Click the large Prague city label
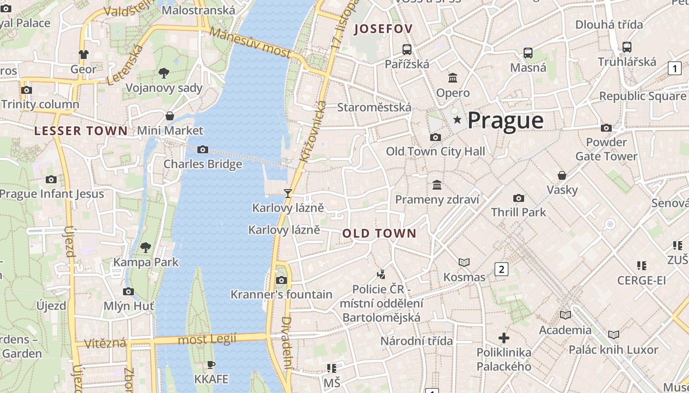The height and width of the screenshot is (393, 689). click(x=505, y=120)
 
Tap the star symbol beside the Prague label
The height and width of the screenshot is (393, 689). click(x=458, y=120)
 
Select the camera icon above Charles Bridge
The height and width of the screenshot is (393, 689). click(x=202, y=149)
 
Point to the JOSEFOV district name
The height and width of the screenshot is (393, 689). click(x=383, y=29)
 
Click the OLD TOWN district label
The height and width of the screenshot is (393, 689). click(x=379, y=233)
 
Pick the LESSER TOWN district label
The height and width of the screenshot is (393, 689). click(x=81, y=131)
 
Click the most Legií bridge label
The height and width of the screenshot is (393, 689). click(x=207, y=339)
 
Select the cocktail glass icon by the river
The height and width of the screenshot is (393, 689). click(x=288, y=194)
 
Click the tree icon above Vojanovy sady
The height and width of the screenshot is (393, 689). click(x=164, y=73)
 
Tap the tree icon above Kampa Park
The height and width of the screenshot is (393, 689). click(x=145, y=247)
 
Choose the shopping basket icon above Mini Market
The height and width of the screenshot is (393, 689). click(x=170, y=116)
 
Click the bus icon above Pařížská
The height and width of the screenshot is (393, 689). click(x=407, y=49)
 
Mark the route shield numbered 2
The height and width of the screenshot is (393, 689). click(x=501, y=269)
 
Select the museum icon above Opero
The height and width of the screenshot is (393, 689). click(x=453, y=78)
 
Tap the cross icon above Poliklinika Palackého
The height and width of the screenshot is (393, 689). click(x=503, y=338)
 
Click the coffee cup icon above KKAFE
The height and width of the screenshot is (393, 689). click(x=211, y=365)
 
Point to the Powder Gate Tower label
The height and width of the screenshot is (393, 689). click(x=606, y=149)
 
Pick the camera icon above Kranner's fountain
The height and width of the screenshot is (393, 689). click(x=281, y=280)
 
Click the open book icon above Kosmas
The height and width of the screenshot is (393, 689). click(x=464, y=262)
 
